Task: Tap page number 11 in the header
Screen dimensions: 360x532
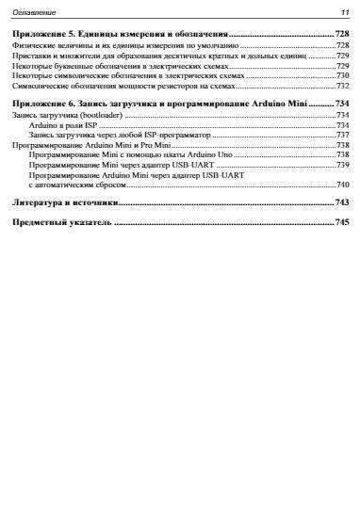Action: pos(343,12)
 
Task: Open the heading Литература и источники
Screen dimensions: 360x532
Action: pos(63,202)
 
